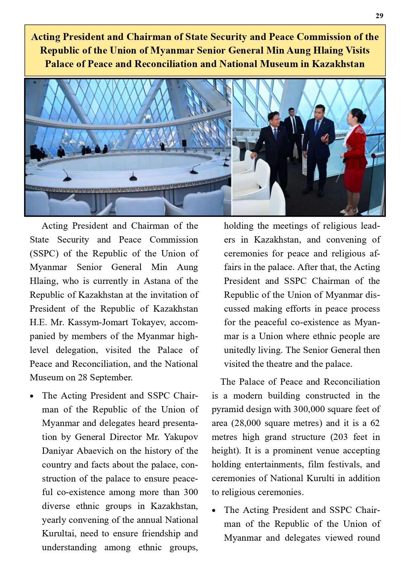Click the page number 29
click(379, 16)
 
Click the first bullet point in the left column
click(32, 396)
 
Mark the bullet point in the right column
click(214, 510)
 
